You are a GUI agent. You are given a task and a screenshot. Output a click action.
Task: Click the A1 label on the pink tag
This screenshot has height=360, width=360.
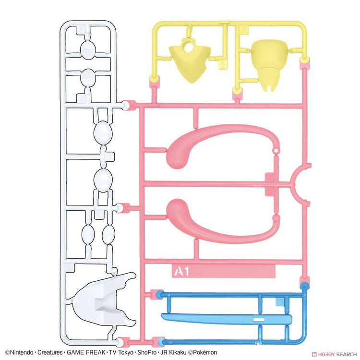tap(181, 272)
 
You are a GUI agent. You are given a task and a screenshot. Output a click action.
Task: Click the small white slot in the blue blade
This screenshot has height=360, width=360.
tap(259, 320)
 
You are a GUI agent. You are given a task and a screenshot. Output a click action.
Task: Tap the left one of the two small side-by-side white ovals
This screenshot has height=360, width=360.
tap(88, 235)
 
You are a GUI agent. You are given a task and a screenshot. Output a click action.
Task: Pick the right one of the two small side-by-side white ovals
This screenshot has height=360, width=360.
tap(108, 235)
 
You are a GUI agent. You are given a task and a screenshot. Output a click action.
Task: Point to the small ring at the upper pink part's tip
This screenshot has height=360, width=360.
tap(276, 151)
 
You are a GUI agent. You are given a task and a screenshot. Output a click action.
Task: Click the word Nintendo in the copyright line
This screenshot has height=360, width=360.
tap(21, 352)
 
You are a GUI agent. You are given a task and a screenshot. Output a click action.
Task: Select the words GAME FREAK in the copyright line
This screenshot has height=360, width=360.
tap(86, 352)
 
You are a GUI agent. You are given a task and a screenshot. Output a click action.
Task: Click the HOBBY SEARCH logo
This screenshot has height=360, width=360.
tap(334, 354)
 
